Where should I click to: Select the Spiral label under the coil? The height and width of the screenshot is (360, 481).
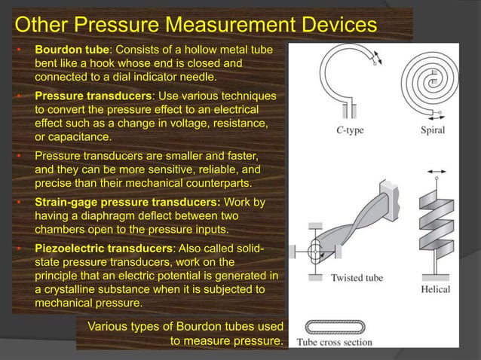[x=432, y=130]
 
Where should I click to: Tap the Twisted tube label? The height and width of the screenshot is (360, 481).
[x=357, y=278]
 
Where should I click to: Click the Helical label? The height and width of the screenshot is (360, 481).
[x=436, y=289]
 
